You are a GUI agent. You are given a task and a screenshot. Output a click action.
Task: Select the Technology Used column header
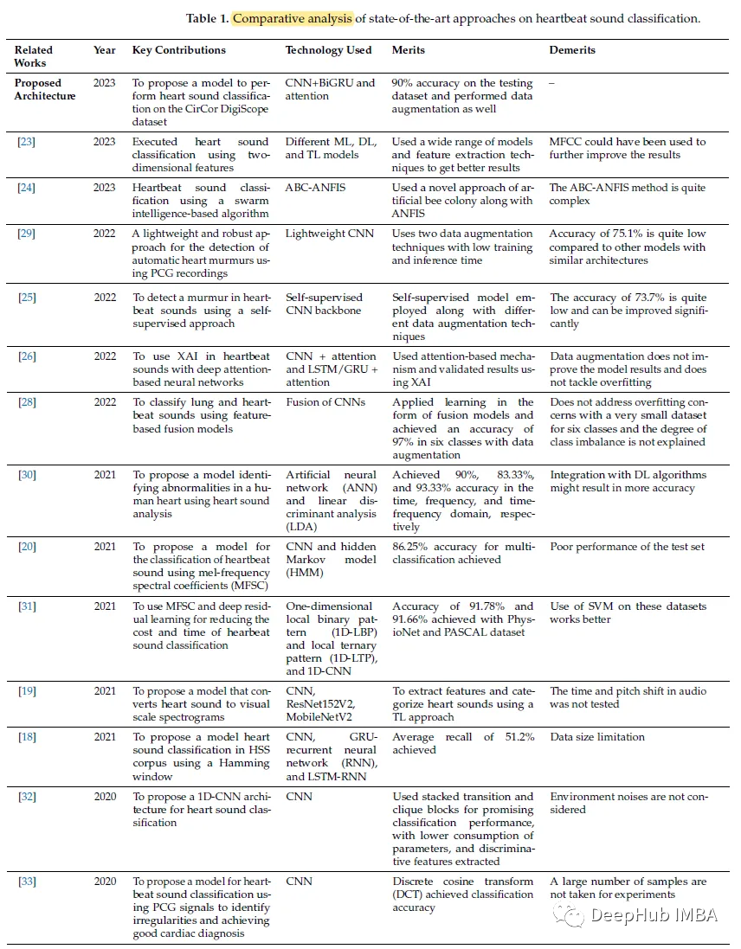(x=328, y=50)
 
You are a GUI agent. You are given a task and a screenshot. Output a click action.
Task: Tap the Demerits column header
(x=572, y=50)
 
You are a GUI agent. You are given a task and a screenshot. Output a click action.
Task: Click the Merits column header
(x=409, y=50)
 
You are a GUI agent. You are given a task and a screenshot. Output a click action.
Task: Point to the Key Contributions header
(x=179, y=50)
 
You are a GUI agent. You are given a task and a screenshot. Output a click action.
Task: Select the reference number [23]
(x=26, y=142)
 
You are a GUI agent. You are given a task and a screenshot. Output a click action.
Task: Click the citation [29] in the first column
(x=26, y=234)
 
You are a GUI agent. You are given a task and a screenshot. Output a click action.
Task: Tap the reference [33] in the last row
(x=27, y=882)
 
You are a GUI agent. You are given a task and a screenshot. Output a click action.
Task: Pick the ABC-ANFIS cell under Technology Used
(x=317, y=188)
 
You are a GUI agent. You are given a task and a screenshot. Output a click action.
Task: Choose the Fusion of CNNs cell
(x=325, y=402)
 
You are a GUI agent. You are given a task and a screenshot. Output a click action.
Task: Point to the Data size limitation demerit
(x=597, y=737)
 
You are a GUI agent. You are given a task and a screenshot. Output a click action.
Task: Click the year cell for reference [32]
(x=105, y=797)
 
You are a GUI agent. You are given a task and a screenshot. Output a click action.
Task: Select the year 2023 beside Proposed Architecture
(x=105, y=83)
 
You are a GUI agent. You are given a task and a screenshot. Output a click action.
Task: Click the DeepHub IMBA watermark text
(x=654, y=914)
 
